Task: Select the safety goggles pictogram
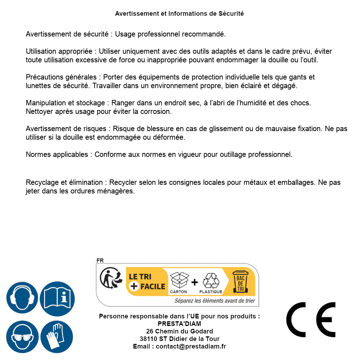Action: pos(22,337)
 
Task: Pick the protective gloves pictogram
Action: pos(57,337)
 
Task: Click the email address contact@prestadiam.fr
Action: pos(191,346)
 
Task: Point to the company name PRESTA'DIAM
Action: pos(179,324)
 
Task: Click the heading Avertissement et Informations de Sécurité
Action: pos(179,14)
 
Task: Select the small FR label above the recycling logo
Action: pos(100,260)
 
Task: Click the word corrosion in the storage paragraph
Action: pos(156,111)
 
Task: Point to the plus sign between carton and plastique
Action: pos(195,282)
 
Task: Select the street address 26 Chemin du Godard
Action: pos(179,331)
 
